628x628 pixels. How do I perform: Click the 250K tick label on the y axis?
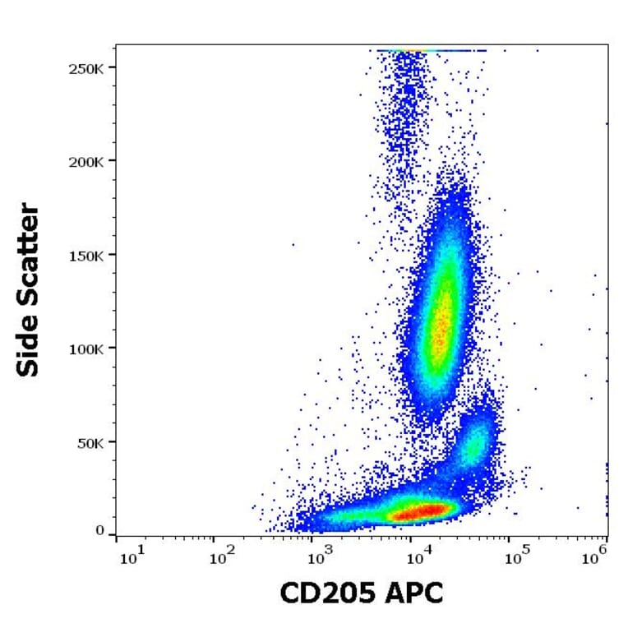pos(87,67)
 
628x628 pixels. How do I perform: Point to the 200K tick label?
pos(87,160)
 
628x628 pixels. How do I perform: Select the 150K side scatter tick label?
pos(87,254)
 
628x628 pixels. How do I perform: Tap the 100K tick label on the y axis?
pos(87,348)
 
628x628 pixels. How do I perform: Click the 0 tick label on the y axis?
pos(100,531)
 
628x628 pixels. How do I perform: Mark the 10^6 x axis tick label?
pos(600,560)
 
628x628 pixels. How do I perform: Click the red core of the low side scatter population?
pos(419,511)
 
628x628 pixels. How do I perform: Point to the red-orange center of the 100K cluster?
pos(441,329)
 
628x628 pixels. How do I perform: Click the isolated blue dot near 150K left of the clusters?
pos(293,244)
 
